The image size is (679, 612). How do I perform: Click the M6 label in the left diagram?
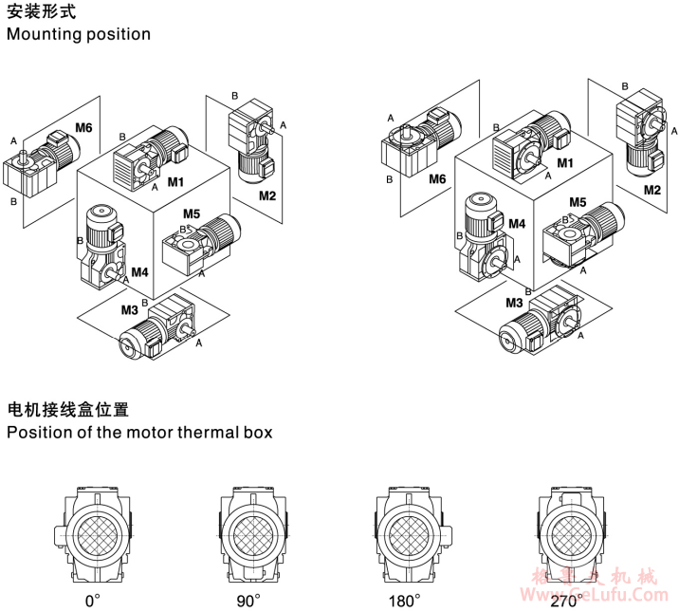click(x=83, y=127)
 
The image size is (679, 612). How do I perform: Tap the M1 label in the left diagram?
click(x=176, y=180)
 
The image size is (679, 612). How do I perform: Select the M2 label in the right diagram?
click(x=652, y=190)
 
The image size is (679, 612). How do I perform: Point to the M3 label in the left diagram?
click(x=129, y=309)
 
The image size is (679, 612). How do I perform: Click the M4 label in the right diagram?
click(x=517, y=224)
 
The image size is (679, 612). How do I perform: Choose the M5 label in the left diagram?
click(x=192, y=213)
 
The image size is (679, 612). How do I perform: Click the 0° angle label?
click(x=93, y=601)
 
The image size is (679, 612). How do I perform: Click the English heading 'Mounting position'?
click(x=79, y=34)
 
